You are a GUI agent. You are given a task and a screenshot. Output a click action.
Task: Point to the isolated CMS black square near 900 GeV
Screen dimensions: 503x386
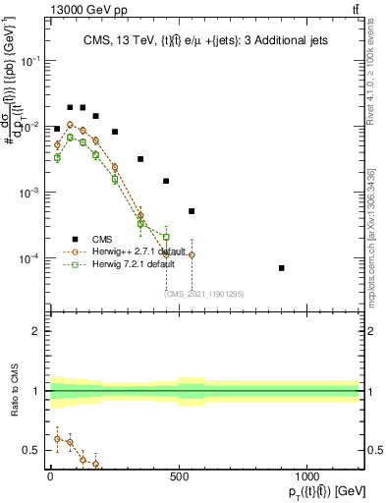coord(282,268)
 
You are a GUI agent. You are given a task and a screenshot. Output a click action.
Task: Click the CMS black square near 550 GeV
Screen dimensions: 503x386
coord(192,211)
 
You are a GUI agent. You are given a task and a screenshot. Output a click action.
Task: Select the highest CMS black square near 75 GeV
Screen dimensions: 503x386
coord(70,107)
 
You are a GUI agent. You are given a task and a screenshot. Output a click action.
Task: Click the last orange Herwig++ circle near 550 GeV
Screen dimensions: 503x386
coord(192,254)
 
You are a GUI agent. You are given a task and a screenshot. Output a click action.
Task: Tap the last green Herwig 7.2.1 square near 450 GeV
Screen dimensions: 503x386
coord(166,237)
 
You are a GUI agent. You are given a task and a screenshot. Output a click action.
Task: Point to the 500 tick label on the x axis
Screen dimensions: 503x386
coord(179,476)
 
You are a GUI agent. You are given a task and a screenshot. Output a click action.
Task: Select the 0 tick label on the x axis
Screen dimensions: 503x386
coord(50,476)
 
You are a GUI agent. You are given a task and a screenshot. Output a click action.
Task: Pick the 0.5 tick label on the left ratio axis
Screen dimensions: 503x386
coord(31,450)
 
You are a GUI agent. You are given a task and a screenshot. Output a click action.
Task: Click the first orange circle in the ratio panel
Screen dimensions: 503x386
coord(57,438)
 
